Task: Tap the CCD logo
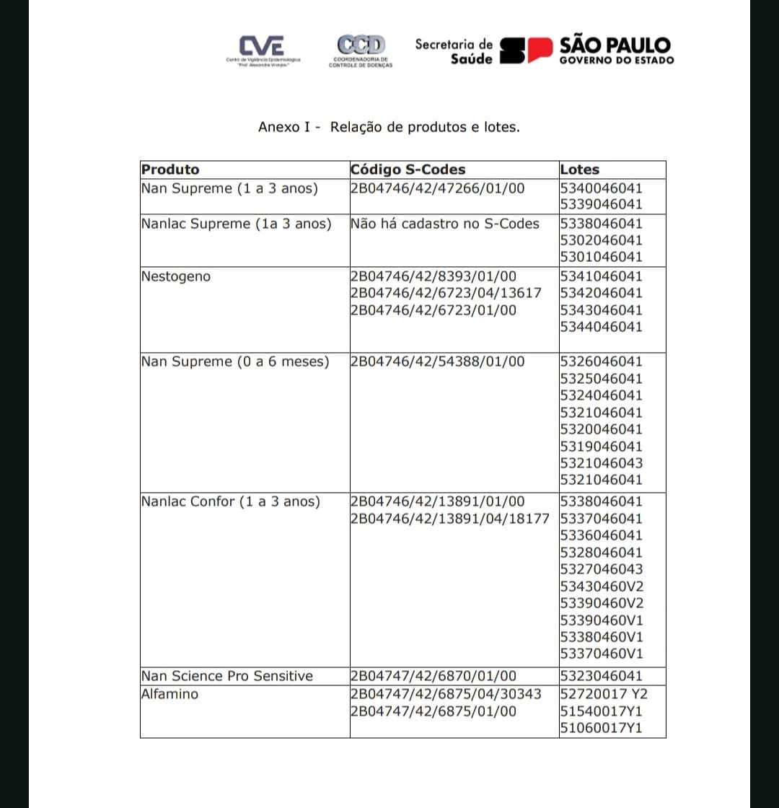(x=361, y=45)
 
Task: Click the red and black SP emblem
(x=527, y=51)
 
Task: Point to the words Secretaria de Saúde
(x=454, y=51)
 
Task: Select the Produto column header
(x=170, y=170)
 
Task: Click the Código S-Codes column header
(x=408, y=170)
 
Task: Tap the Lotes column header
(x=579, y=170)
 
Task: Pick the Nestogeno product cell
(x=176, y=276)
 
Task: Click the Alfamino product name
(x=170, y=694)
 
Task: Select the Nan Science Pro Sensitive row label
(x=227, y=676)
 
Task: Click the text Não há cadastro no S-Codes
(x=444, y=224)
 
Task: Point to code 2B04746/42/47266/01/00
(x=437, y=188)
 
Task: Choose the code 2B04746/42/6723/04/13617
(x=445, y=293)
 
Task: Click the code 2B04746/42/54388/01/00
(x=437, y=361)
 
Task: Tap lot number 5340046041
(x=601, y=188)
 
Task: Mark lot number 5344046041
(x=601, y=327)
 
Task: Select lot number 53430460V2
(x=602, y=586)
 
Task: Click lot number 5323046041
(x=601, y=676)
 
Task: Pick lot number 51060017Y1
(x=601, y=728)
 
